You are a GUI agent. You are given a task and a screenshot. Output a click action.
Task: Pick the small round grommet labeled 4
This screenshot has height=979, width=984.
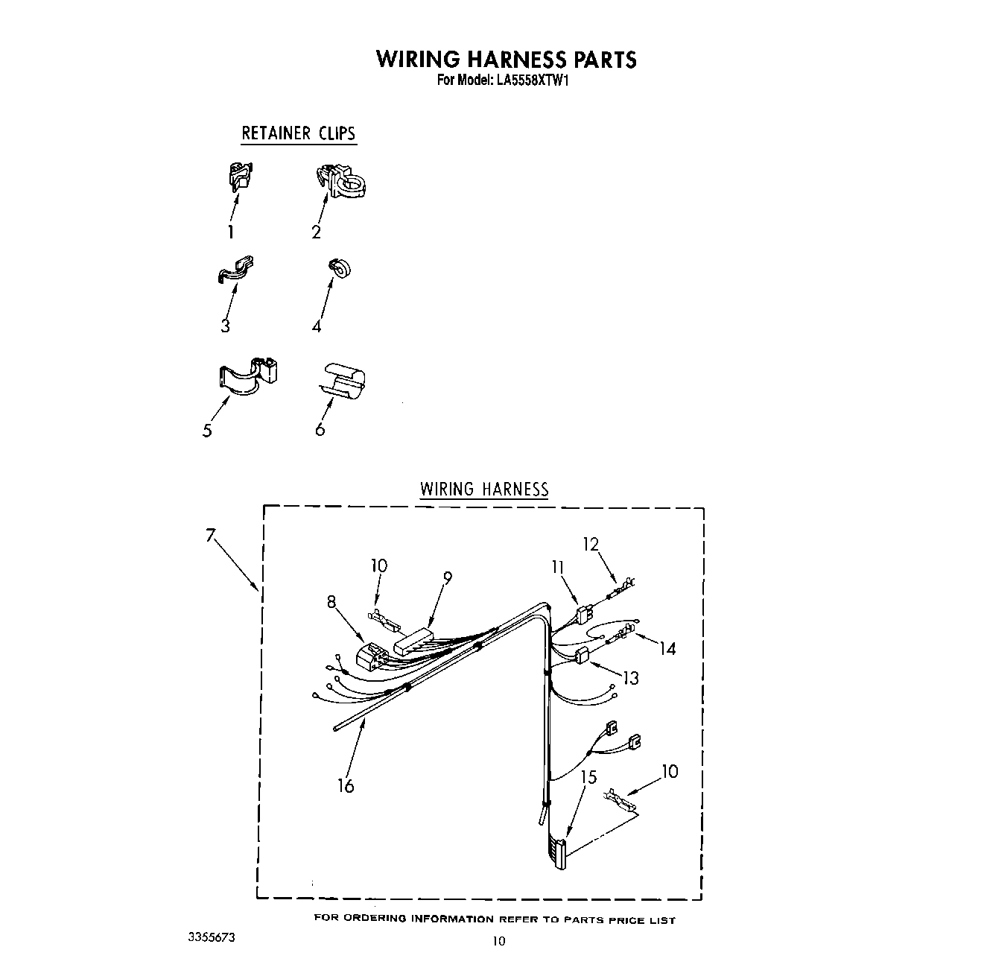pos(340,269)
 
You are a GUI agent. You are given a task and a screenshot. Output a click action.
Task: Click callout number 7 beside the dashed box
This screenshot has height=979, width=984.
pos(211,535)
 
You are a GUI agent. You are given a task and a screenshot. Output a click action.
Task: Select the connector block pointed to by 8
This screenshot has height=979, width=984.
pos(371,656)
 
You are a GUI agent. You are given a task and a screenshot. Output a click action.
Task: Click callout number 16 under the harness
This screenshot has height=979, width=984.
pos(346,785)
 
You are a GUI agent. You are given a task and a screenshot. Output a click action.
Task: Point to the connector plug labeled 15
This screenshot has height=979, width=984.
pos(558,852)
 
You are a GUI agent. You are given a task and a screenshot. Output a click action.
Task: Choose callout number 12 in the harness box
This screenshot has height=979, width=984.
pos(591,545)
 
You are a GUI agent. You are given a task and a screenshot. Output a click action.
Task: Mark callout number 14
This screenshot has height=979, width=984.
pos(667,649)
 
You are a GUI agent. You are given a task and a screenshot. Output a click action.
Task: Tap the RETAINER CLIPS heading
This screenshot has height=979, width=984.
pos(299,134)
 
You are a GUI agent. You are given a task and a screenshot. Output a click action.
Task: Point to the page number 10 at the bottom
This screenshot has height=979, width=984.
pos(498,941)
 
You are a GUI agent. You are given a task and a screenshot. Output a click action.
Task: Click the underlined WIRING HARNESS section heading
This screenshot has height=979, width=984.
pos(484,489)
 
